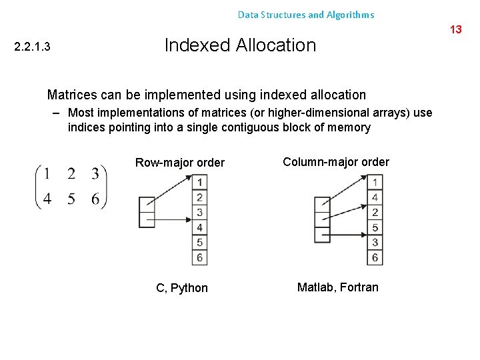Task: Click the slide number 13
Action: tap(456, 29)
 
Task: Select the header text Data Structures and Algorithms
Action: tap(306, 15)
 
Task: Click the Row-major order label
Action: tap(180, 163)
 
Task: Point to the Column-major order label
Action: tap(336, 162)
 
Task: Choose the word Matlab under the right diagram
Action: tap(316, 287)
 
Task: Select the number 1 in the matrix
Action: tap(47, 174)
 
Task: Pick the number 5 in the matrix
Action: tap(71, 199)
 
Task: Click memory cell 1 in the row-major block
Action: tap(199, 182)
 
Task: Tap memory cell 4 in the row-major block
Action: tap(199, 227)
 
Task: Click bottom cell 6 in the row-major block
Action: tap(199, 257)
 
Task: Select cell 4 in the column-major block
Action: tap(375, 197)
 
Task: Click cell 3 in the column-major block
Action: tap(375, 243)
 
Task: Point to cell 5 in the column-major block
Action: tap(375, 227)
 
